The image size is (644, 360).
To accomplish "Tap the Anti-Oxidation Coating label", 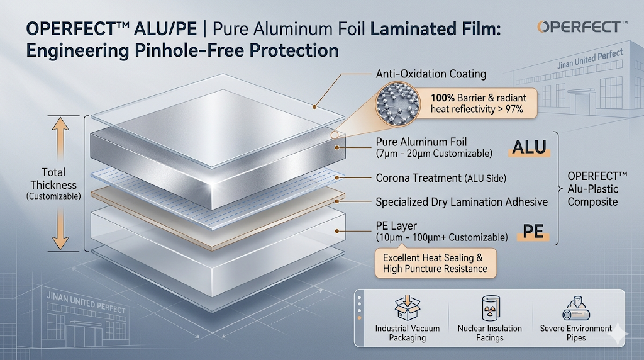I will pos(430,74).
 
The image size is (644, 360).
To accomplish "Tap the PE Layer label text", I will pos(396,226).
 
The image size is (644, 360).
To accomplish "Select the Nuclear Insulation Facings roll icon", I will pos(489,309).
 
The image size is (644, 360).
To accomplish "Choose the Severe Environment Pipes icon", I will pos(575,309).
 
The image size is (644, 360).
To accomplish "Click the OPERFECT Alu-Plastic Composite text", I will pos(592,189).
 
